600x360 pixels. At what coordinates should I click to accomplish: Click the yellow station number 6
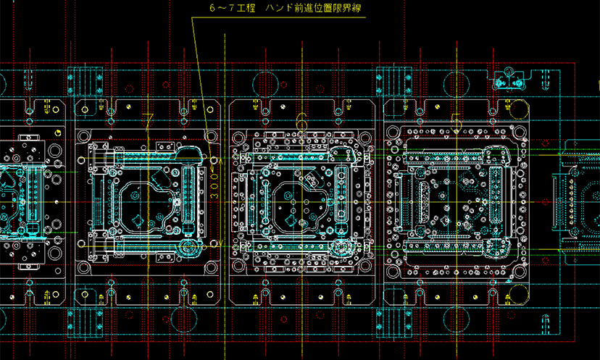(x=302, y=118)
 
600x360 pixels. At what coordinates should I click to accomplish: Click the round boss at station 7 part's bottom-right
(x=189, y=248)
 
